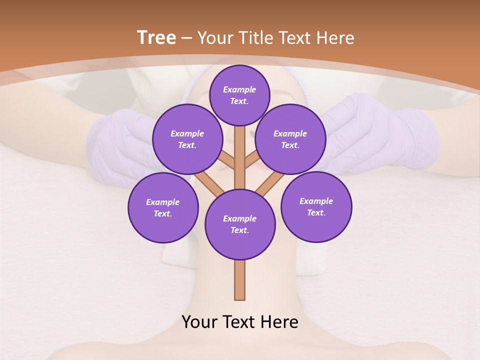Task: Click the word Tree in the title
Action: (156, 37)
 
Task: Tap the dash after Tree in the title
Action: (186, 38)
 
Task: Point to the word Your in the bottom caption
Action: (200, 322)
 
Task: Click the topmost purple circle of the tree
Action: (239, 95)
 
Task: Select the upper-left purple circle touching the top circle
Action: (187, 139)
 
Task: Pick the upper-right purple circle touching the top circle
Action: (290, 139)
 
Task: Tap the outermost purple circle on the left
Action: (162, 207)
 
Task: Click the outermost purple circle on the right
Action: (316, 206)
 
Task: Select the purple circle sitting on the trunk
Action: (240, 224)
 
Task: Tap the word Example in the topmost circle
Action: (239, 89)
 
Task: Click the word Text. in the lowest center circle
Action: (239, 230)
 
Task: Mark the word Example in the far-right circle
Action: (316, 201)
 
